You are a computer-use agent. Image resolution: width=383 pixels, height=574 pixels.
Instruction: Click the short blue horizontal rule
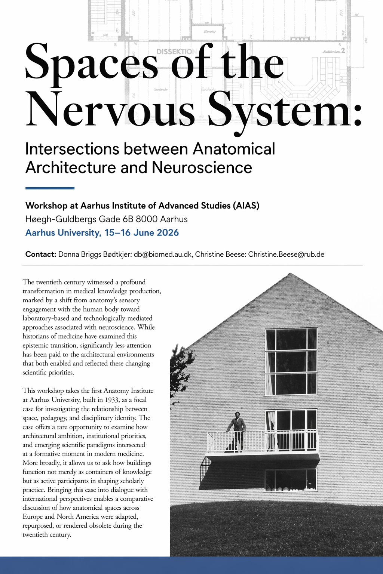50,188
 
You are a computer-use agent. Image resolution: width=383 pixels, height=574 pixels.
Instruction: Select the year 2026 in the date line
168,233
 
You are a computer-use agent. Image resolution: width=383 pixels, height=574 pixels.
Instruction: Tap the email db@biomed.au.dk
163,254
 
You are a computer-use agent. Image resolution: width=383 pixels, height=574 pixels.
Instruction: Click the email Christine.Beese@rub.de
286,254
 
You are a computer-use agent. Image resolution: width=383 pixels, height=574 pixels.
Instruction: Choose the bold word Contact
40,254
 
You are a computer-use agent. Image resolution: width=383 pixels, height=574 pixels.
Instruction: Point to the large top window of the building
291,361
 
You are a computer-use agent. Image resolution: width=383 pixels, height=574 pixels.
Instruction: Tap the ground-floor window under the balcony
291,480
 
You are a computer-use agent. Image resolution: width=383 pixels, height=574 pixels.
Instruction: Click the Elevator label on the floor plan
209,32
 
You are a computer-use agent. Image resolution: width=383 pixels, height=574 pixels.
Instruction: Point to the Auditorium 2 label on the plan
334,51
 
